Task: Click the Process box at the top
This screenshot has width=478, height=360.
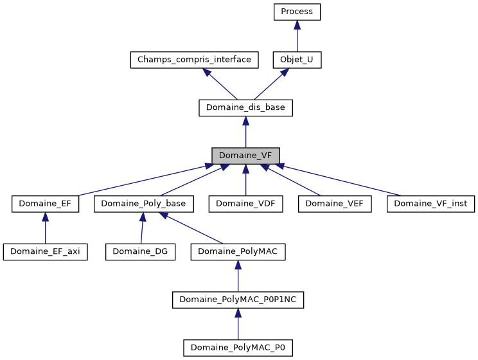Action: [296, 12]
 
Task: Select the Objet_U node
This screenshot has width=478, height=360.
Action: [296, 60]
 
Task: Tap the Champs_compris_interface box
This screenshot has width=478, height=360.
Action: [194, 60]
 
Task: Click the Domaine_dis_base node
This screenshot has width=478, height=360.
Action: [245, 108]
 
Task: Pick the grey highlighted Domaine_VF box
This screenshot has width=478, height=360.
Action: [245, 156]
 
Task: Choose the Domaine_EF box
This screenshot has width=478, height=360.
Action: [45, 204]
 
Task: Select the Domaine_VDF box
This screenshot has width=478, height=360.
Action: [245, 204]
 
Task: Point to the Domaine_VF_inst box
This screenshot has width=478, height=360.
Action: [430, 204]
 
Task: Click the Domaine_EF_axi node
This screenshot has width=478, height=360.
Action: [45, 252]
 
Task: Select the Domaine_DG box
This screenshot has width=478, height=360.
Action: [141, 252]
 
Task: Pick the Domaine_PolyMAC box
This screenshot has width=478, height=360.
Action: [238, 252]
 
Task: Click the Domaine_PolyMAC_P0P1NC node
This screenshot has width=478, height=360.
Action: [238, 300]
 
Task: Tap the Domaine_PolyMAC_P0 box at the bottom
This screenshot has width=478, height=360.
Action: [238, 348]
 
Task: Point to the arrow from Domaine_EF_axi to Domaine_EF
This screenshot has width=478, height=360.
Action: [45, 230]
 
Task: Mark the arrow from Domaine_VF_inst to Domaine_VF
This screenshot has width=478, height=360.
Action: [341, 180]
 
